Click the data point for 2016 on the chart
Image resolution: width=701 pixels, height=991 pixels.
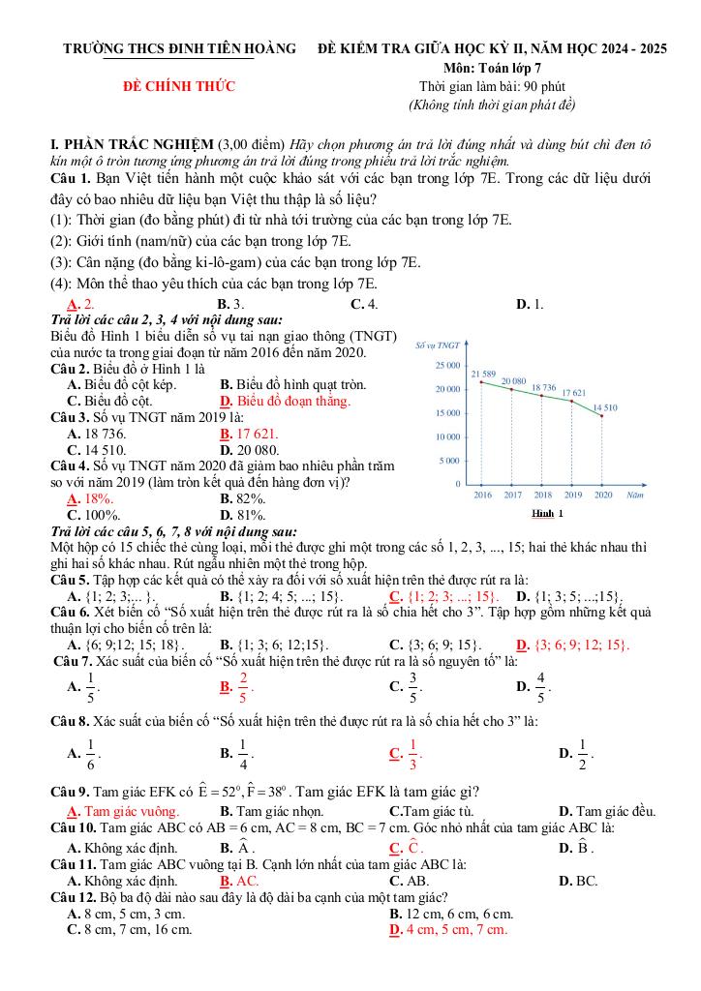[481, 382]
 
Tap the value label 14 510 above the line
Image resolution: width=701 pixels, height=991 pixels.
[604, 407]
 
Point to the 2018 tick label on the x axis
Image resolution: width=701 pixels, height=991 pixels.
[542, 495]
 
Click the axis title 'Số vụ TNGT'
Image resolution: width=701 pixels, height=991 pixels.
[436, 345]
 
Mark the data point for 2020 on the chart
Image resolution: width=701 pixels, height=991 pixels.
[602, 416]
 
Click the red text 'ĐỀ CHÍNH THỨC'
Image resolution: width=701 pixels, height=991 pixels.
[179, 87]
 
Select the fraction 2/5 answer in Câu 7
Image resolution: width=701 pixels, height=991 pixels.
[243, 687]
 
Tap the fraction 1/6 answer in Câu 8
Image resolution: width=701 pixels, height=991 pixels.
[91, 751]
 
